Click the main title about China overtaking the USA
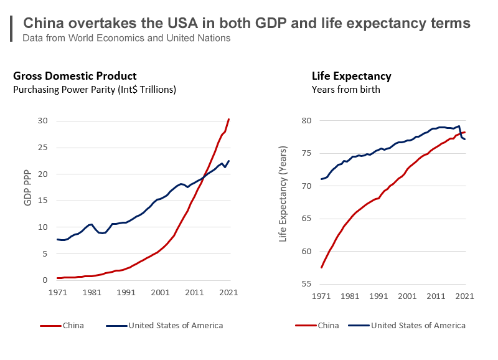point(247,23)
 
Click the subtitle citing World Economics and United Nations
point(126,39)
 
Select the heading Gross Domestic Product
point(75,76)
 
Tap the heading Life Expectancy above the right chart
point(351,76)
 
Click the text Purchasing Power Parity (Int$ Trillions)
point(95,90)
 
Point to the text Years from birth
point(345,90)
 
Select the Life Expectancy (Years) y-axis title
point(283,194)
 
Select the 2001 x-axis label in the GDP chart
point(160,292)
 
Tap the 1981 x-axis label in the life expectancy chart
point(350,296)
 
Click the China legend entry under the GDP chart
point(62,325)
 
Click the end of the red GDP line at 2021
point(229,119)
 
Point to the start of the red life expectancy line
point(321,267)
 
